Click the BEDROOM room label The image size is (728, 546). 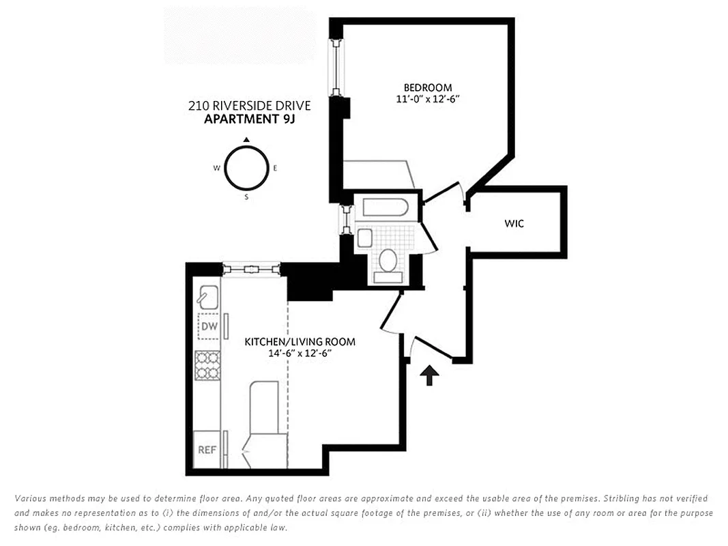point(428,87)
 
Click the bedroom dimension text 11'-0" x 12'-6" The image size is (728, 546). point(428,99)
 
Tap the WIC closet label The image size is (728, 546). point(514,223)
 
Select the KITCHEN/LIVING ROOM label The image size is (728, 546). point(300,341)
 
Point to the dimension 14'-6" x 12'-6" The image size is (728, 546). point(300,354)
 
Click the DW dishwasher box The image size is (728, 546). point(209,327)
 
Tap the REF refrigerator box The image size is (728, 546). point(207,450)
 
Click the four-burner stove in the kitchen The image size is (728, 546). point(208,365)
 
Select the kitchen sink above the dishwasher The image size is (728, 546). point(207,296)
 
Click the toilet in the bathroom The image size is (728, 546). point(388,263)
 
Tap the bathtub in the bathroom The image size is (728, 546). point(385,207)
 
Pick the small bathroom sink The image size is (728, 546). point(364,238)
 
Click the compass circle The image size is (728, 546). point(246,169)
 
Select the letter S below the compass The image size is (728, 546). point(246,198)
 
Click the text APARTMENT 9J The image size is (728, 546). point(249,119)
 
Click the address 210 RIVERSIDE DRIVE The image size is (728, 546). point(249,106)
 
